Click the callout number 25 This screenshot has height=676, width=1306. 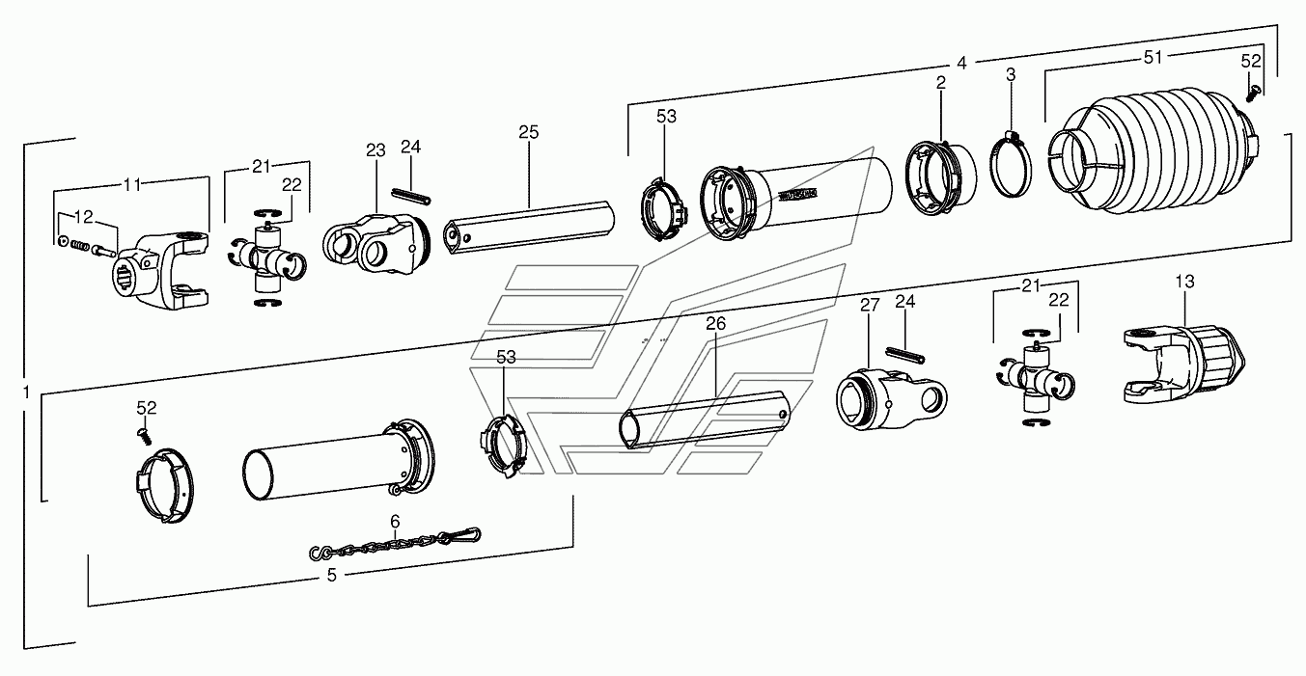(x=528, y=131)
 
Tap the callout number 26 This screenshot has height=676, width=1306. (x=715, y=324)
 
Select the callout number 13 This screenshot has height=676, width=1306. (x=1184, y=282)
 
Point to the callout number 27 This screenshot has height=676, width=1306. (x=870, y=306)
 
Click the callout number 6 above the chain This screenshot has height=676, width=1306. (x=395, y=522)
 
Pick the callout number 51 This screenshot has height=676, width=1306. (x=1153, y=58)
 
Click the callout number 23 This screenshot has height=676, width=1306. (x=375, y=150)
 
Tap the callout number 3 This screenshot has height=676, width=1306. (x=1011, y=74)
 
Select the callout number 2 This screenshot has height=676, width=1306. (x=940, y=84)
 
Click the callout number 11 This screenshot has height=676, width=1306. (x=132, y=183)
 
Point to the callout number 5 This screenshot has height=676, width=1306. (x=331, y=576)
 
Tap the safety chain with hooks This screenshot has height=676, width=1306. (x=395, y=546)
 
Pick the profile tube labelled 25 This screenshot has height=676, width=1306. (x=528, y=221)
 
